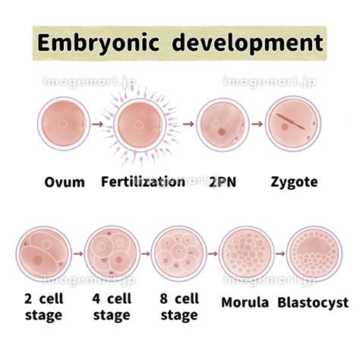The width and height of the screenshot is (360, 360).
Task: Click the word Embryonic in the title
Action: [x=99, y=43]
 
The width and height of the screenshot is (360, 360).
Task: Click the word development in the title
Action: [x=248, y=43]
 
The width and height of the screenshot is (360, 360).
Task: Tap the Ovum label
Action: [x=65, y=182]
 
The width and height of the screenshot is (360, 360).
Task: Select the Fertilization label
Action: [x=143, y=182]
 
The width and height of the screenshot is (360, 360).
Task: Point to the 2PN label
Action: [x=223, y=182]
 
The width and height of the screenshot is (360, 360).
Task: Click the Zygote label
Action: [x=294, y=182]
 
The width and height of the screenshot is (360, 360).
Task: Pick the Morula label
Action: [x=245, y=302]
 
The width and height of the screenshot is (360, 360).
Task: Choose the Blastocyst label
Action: [x=313, y=302]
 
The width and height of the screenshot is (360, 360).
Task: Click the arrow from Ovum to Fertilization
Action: [x=98, y=125]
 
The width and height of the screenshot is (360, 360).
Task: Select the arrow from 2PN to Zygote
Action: [x=257, y=124]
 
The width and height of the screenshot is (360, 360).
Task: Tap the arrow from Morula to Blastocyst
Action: [x=280, y=254]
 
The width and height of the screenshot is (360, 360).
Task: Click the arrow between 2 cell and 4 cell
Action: [x=79, y=254]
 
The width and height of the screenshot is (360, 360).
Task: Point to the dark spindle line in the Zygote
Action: [x=290, y=122]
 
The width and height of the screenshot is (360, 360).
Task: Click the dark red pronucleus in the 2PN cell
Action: [x=222, y=131]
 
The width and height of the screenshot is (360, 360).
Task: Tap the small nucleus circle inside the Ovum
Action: [x=62, y=124]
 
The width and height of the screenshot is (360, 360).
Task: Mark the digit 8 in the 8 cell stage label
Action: [x=164, y=298]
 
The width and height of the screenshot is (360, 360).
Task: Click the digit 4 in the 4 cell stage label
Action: [x=96, y=298]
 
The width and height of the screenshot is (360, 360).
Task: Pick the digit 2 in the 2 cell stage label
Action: [x=28, y=298]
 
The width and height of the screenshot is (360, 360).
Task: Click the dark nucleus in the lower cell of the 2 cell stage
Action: [x=38, y=260]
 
